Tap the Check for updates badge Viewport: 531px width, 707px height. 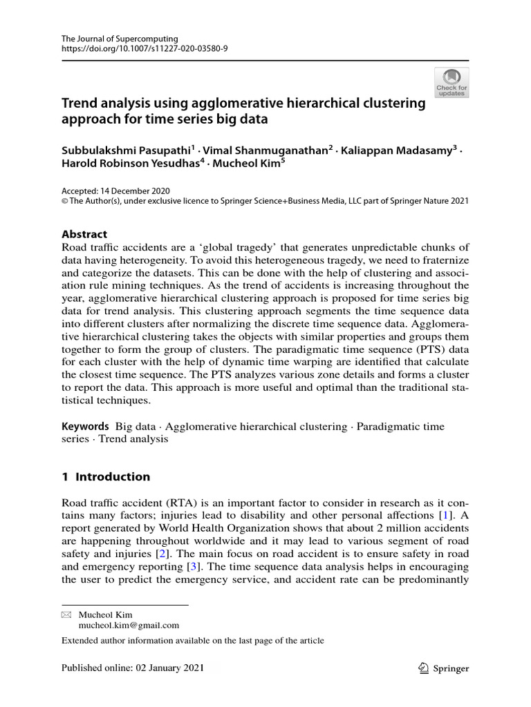tap(451, 82)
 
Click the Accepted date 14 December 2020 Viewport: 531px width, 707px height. tap(115, 191)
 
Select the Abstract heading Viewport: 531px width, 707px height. tap(84, 234)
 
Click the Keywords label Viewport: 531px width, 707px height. tap(85, 427)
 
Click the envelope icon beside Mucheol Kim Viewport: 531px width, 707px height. tap(66, 614)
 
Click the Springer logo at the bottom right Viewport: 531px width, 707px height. tap(444, 668)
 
